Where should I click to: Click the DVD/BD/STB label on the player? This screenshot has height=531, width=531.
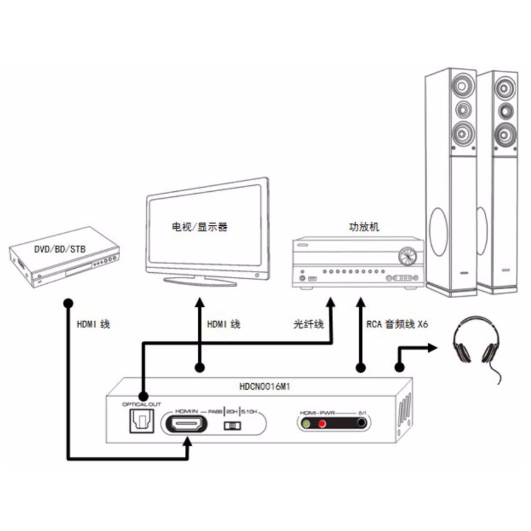pyautogui.click(x=59, y=250)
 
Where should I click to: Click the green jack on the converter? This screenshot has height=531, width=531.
pyautogui.click(x=306, y=423)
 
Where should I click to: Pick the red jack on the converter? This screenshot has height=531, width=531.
pyautogui.click(x=322, y=423)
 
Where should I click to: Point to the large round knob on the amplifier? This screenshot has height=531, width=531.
pyautogui.click(x=407, y=256)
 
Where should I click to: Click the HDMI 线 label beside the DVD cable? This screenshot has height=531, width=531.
pyautogui.click(x=93, y=324)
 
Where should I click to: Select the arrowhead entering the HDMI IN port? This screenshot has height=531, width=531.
pyautogui.click(x=187, y=441)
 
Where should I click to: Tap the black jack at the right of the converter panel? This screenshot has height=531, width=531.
pyautogui.click(x=361, y=423)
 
